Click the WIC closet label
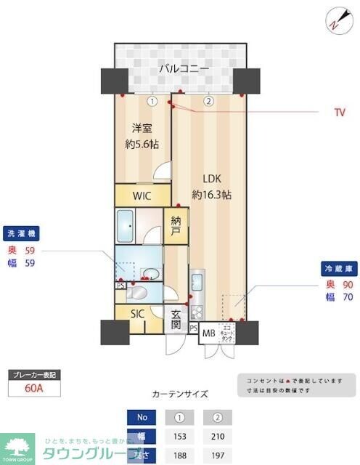click(x=142, y=195)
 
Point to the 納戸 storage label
click(x=176, y=226)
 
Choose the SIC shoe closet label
click(x=138, y=314)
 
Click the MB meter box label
click(x=208, y=333)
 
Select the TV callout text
click(x=340, y=113)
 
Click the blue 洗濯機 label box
click(x=21, y=234)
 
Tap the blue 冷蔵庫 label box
click(x=338, y=268)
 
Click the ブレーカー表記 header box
click(x=33, y=375)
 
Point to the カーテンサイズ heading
click(x=179, y=395)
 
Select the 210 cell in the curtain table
click(x=217, y=436)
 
